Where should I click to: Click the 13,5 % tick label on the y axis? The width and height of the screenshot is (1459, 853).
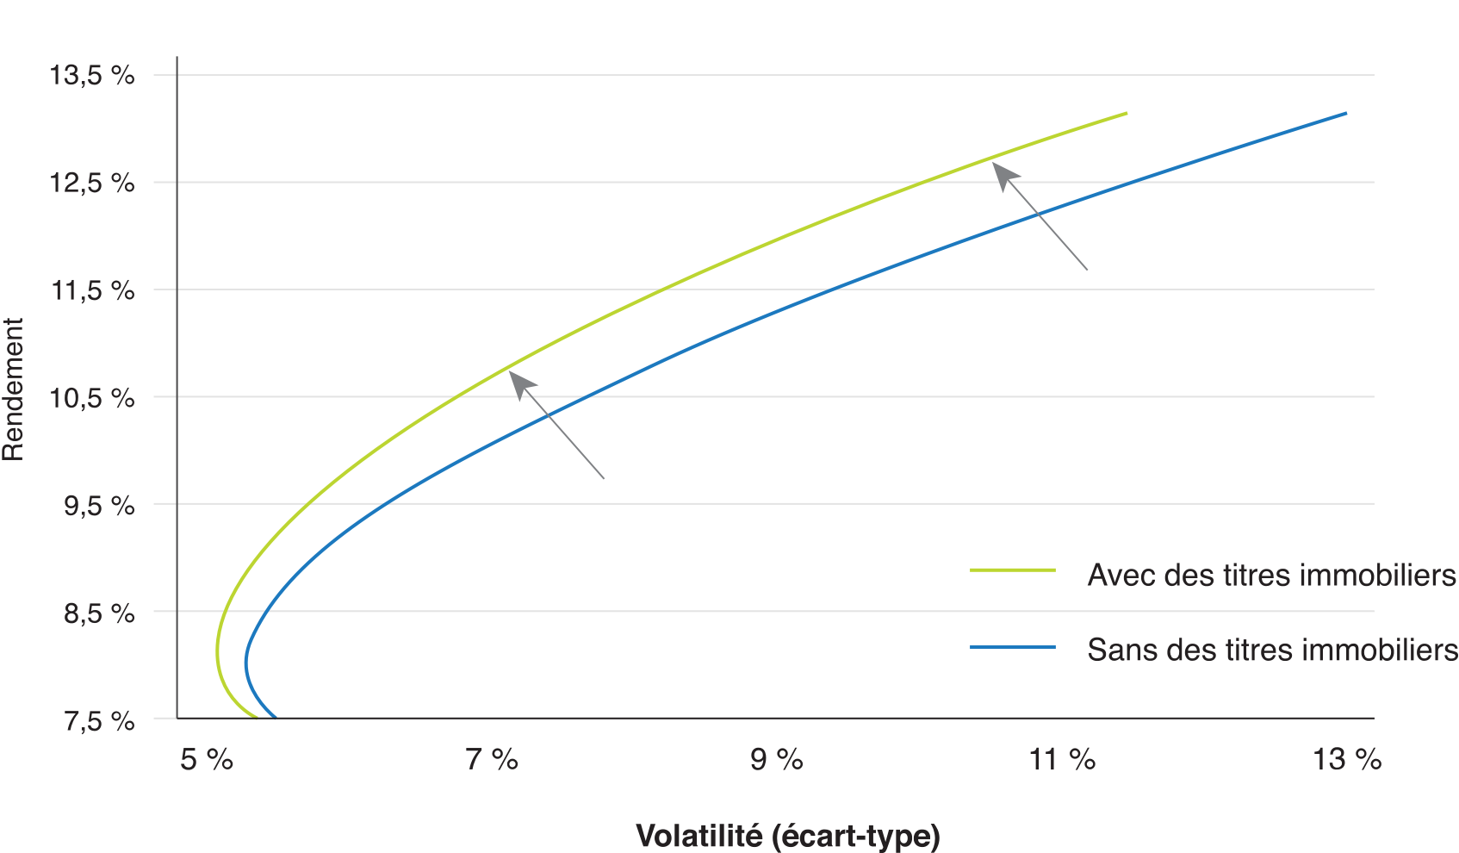(92, 76)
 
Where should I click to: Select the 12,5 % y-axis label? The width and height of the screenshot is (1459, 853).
(92, 183)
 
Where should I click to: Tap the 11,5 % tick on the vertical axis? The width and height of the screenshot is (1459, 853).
(92, 290)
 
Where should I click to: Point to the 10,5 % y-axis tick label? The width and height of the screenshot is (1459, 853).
(92, 398)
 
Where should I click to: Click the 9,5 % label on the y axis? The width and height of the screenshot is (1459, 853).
(99, 505)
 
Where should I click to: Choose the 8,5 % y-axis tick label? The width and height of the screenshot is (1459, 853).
(99, 613)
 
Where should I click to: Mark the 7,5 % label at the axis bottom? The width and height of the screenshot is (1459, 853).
(99, 720)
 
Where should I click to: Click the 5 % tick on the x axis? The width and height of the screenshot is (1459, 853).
(206, 759)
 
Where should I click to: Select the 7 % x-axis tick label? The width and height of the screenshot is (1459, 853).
(492, 759)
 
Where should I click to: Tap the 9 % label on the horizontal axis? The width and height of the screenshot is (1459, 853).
(777, 759)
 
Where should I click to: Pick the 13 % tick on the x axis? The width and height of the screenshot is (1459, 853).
(1346, 759)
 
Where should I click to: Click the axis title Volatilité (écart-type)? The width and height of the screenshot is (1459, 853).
(787, 835)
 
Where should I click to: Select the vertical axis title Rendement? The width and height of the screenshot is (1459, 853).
(14, 389)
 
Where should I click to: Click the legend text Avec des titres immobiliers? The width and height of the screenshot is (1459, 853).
(1271, 575)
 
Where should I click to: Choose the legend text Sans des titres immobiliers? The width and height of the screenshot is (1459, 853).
(1272, 649)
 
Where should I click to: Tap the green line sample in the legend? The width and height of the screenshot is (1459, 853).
(1013, 570)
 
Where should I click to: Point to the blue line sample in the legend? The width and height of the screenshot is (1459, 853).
(1013, 647)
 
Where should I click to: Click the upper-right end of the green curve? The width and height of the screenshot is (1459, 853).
(1126, 113)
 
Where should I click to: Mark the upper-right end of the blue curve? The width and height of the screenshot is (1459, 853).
(1345, 113)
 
